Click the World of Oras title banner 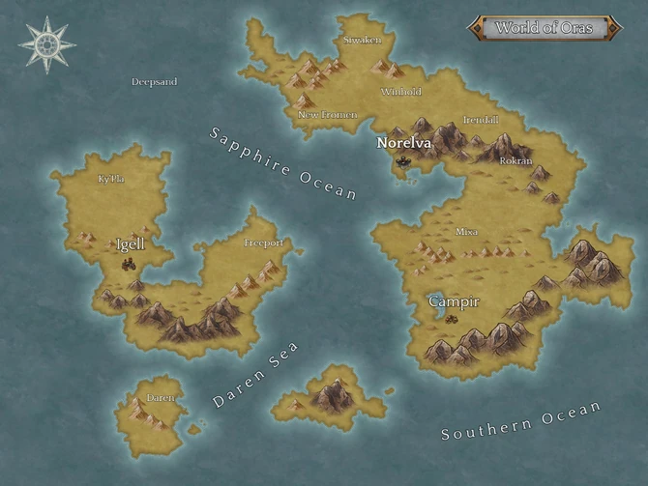tap(545, 27)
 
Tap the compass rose tap(45, 44)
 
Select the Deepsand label tap(154, 82)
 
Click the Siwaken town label tap(363, 41)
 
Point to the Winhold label tap(401, 92)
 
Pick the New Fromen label tap(327, 115)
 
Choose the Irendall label tap(481, 119)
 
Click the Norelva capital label tap(403, 142)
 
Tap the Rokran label tap(515, 160)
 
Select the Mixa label tap(467, 232)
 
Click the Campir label tap(454, 302)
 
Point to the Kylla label tap(111, 179)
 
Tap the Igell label tap(130, 244)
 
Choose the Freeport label tap(264, 243)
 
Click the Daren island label tap(161, 397)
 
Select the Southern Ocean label tap(520, 421)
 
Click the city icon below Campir tap(452, 321)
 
